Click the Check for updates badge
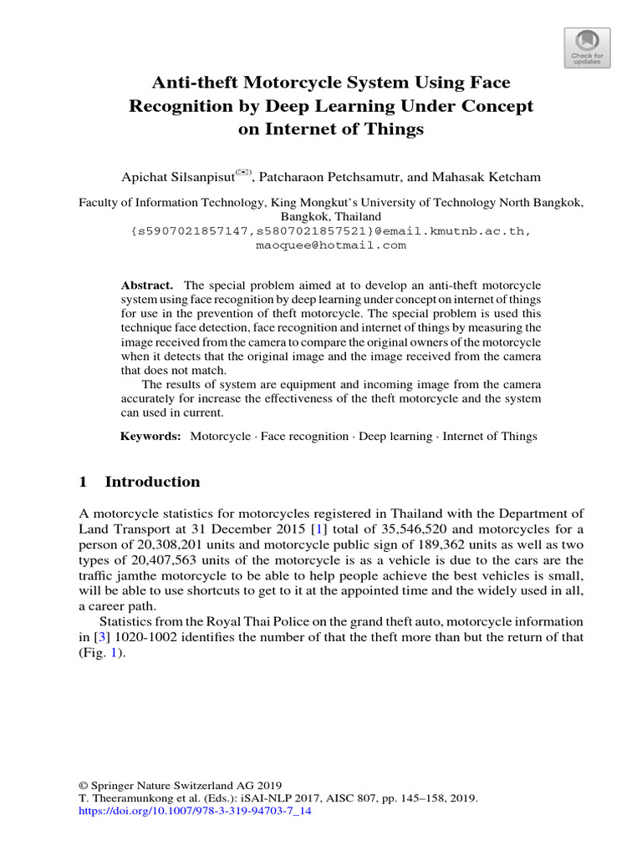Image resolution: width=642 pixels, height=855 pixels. pos(587,46)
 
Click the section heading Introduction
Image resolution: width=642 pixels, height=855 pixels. pos(152,482)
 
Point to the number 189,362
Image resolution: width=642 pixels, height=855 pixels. pos(408,544)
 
